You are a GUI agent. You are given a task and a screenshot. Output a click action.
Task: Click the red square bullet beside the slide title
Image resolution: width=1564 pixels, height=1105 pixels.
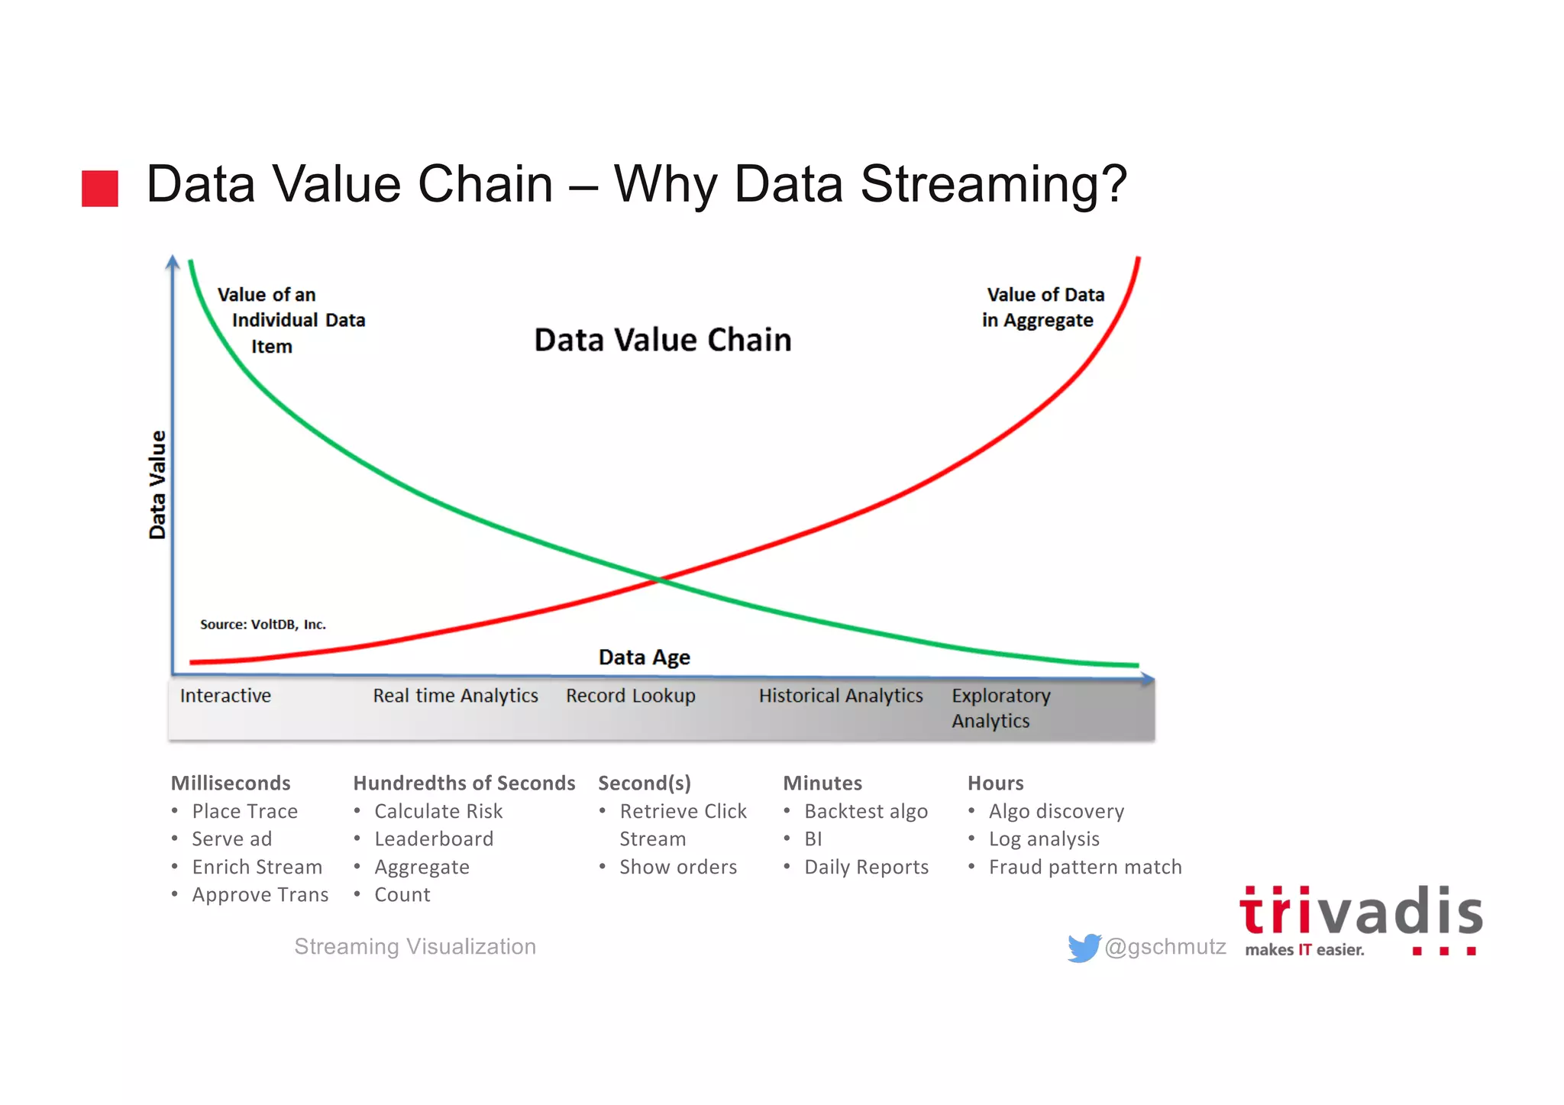(100, 188)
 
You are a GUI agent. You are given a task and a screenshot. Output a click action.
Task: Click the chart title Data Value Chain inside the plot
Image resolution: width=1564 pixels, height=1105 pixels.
(662, 340)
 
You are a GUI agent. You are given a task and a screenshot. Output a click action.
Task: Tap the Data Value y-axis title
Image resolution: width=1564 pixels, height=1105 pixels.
(157, 485)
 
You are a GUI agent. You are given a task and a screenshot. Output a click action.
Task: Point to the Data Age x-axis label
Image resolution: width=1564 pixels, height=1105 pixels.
(644, 657)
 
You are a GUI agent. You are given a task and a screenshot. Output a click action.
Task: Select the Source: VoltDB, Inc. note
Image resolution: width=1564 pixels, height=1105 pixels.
(263, 624)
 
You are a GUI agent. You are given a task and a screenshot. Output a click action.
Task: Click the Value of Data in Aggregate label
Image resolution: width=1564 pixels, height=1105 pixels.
(1042, 307)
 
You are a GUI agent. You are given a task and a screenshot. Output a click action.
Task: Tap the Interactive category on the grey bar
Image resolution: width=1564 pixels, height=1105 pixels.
(225, 696)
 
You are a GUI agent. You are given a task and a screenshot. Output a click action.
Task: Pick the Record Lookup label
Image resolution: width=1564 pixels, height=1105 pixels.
(630, 696)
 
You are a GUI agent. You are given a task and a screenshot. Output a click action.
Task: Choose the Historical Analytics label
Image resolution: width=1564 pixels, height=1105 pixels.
(840, 696)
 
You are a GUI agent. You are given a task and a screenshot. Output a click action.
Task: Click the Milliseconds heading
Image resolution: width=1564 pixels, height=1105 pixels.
(231, 783)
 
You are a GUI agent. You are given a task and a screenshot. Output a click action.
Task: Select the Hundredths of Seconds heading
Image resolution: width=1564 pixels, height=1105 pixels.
(464, 783)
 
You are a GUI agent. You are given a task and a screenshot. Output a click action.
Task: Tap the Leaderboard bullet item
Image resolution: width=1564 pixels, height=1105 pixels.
(434, 838)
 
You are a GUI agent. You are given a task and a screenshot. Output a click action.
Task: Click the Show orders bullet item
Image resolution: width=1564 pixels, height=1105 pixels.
(677, 867)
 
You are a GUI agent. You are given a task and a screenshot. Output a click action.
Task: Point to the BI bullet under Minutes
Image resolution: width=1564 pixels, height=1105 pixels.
(813, 838)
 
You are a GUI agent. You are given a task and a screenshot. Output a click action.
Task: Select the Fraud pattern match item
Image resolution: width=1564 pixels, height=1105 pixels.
(1084, 867)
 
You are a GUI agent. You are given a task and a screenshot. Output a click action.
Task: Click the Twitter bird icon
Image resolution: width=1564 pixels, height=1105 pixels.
(1083, 948)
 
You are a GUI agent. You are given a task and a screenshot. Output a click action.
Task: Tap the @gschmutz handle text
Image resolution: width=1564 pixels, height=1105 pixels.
(1165, 947)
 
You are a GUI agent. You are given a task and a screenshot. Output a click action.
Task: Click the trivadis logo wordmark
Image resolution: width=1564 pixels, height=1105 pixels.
(1360, 913)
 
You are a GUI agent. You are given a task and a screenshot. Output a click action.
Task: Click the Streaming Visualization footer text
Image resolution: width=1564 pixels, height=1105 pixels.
(415, 947)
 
